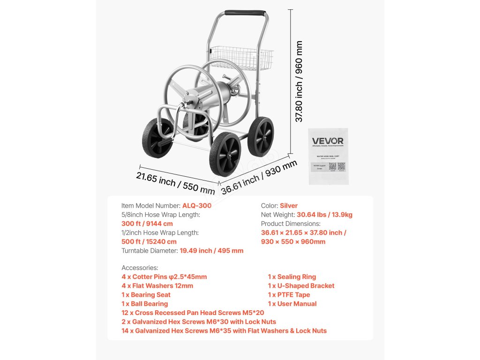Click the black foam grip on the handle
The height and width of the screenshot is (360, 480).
pos(245,13)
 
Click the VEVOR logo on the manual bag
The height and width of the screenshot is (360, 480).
pos(328,141)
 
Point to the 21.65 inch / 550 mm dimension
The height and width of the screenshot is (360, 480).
pos(175,183)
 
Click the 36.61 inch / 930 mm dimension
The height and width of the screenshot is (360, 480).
pos(259,177)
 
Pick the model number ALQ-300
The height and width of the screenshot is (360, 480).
pos(197,206)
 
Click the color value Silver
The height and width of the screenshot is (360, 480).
pos(289,206)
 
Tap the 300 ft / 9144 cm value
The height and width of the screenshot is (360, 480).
pos(147,224)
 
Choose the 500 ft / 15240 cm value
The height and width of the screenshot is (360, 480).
pos(149,241)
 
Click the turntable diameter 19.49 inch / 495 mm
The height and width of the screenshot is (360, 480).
pos(212,250)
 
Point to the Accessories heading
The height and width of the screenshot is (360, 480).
pos(140,268)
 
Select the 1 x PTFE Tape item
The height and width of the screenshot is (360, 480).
pos(289,295)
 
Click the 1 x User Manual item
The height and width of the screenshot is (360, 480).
pos(291,304)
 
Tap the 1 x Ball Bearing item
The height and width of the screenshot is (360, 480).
pos(144,304)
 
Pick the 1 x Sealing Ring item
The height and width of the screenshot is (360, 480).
pos(292,277)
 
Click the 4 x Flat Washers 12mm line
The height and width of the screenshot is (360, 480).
pos(157,286)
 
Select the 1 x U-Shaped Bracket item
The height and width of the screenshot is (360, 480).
pos(301,286)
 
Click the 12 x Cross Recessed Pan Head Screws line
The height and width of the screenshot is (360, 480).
pos(193,313)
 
